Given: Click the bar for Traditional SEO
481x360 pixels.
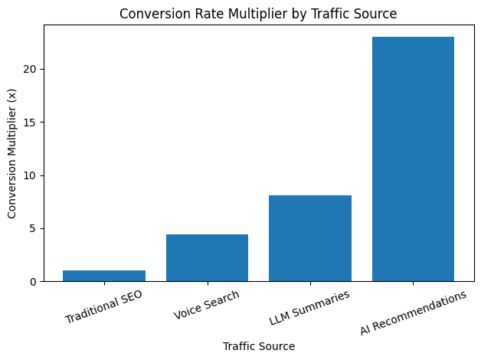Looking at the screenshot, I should [x=104, y=276].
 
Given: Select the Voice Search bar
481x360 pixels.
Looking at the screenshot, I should [x=207, y=258].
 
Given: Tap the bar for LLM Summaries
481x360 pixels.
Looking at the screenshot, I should [x=310, y=238].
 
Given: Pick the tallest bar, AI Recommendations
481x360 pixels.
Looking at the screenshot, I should [x=413, y=159].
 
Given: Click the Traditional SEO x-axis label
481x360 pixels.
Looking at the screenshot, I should [x=103, y=306].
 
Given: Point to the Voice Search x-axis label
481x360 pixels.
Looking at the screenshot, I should [x=207, y=305].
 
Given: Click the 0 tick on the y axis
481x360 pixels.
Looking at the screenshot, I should [x=33, y=282].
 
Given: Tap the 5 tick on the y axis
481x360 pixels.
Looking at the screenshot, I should [x=33, y=228].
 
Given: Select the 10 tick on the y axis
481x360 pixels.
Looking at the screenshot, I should [x=30, y=175].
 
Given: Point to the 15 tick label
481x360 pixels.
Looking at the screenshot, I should [x=30, y=123].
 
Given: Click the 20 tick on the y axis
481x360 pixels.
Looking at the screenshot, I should [x=30, y=70].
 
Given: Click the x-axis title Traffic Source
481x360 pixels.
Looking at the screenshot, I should [x=259, y=346].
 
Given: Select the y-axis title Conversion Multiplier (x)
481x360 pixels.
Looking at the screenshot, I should [x=11, y=152].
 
